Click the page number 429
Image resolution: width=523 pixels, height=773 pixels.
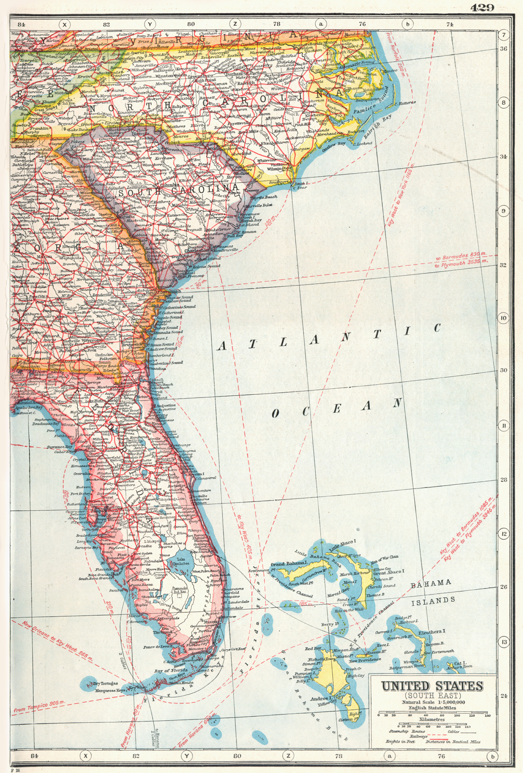(483, 8)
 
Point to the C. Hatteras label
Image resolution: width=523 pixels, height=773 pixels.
(405, 102)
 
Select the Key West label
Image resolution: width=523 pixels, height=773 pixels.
(137, 688)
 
